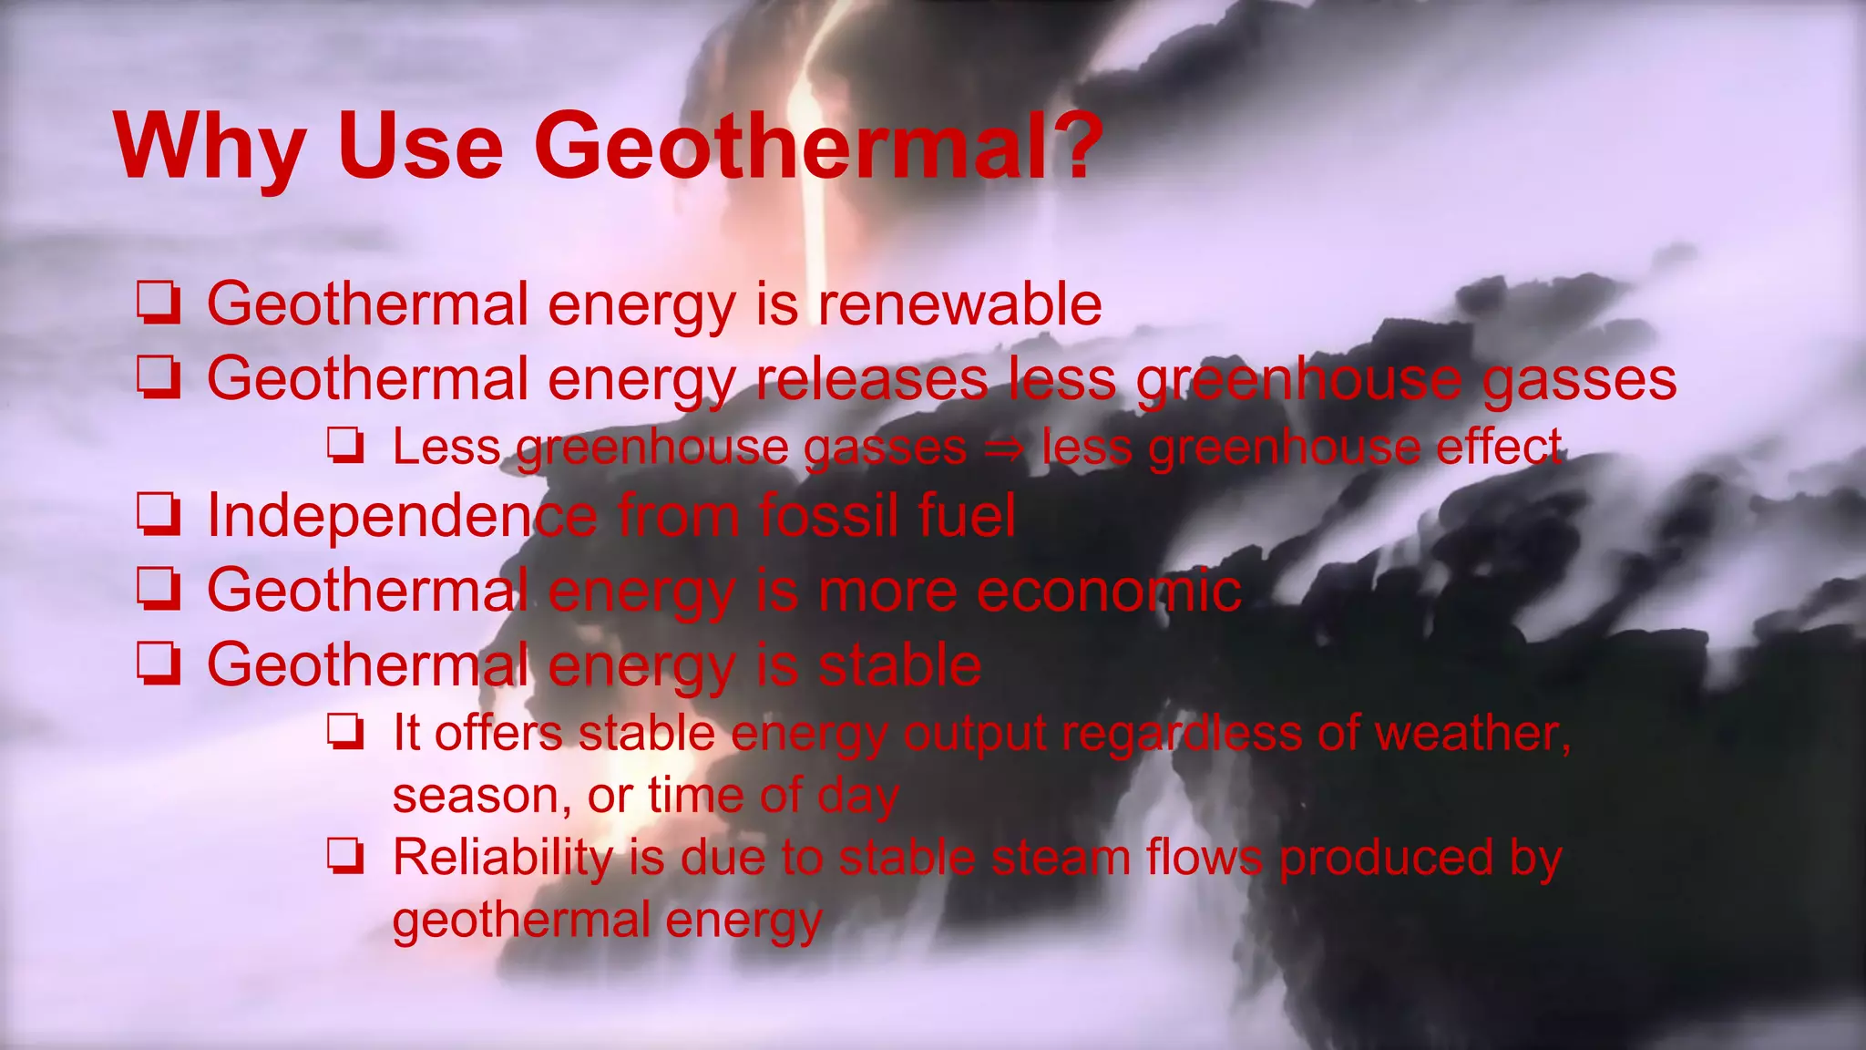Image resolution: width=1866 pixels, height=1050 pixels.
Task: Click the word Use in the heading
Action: pyautogui.click(x=420, y=146)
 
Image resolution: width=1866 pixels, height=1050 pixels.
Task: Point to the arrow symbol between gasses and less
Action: pyautogui.click(x=1004, y=448)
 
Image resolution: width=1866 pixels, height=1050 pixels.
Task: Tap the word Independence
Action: pyautogui.click(x=402, y=515)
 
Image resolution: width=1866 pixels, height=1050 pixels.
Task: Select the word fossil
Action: pyautogui.click(x=830, y=515)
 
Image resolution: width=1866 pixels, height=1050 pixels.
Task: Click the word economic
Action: pyautogui.click(x=1109, y=591)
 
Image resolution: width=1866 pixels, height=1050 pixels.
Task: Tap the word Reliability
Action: pyautogui.click(x=503, y=858)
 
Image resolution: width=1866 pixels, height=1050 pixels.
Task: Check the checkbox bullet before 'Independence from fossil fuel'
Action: pyautogui.click(x=159, y=515)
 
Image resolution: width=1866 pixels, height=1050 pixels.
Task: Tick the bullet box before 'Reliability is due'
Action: pyautogui.click(x=346, y=858)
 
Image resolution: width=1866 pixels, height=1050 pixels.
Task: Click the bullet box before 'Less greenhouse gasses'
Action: pyautogui.click(x=346, y=447)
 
